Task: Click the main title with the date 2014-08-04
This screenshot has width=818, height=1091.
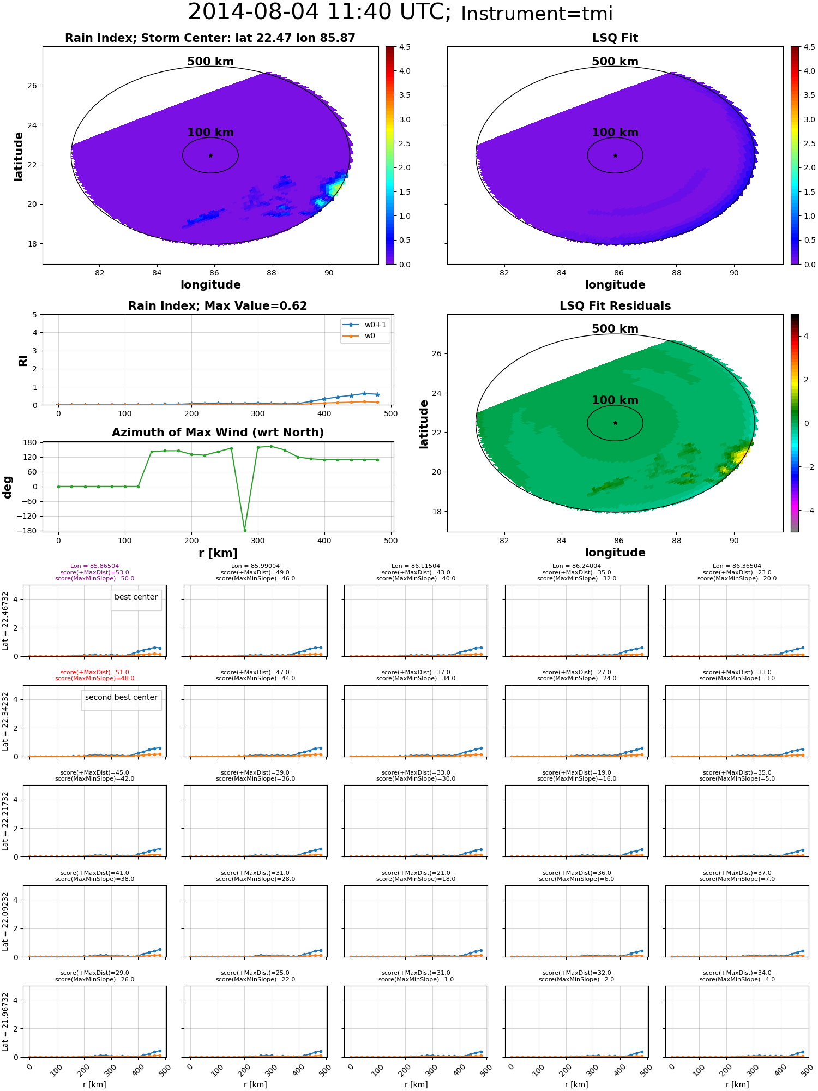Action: coord(400,13)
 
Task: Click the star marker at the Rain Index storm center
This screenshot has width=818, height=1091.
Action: coord(210,155)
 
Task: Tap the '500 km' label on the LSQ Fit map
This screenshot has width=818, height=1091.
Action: coord(615,62)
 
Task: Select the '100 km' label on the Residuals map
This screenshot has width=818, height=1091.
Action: coord(615,400)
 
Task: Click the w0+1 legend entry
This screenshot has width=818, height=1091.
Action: coord(365,325)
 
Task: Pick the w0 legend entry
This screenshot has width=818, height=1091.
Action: coord(360,335)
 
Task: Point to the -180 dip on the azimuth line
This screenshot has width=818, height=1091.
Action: coord(244,530)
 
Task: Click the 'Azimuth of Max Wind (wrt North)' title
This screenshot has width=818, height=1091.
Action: coord(218,433)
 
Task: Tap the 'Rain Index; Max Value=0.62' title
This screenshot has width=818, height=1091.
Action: coord(218,306)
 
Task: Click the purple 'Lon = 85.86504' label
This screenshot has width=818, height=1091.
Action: coord(94,566)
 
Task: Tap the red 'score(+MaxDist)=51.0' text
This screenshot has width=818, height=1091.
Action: coord(94,673)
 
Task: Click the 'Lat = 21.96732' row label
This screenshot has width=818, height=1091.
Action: coord(5,1022)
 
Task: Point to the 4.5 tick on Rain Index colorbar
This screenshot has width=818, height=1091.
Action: coord(405,47)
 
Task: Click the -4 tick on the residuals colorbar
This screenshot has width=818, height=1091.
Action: coord(806,511)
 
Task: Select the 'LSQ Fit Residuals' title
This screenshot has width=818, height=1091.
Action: coord(615,306)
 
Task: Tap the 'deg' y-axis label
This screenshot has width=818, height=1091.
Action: coord(8,487)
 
